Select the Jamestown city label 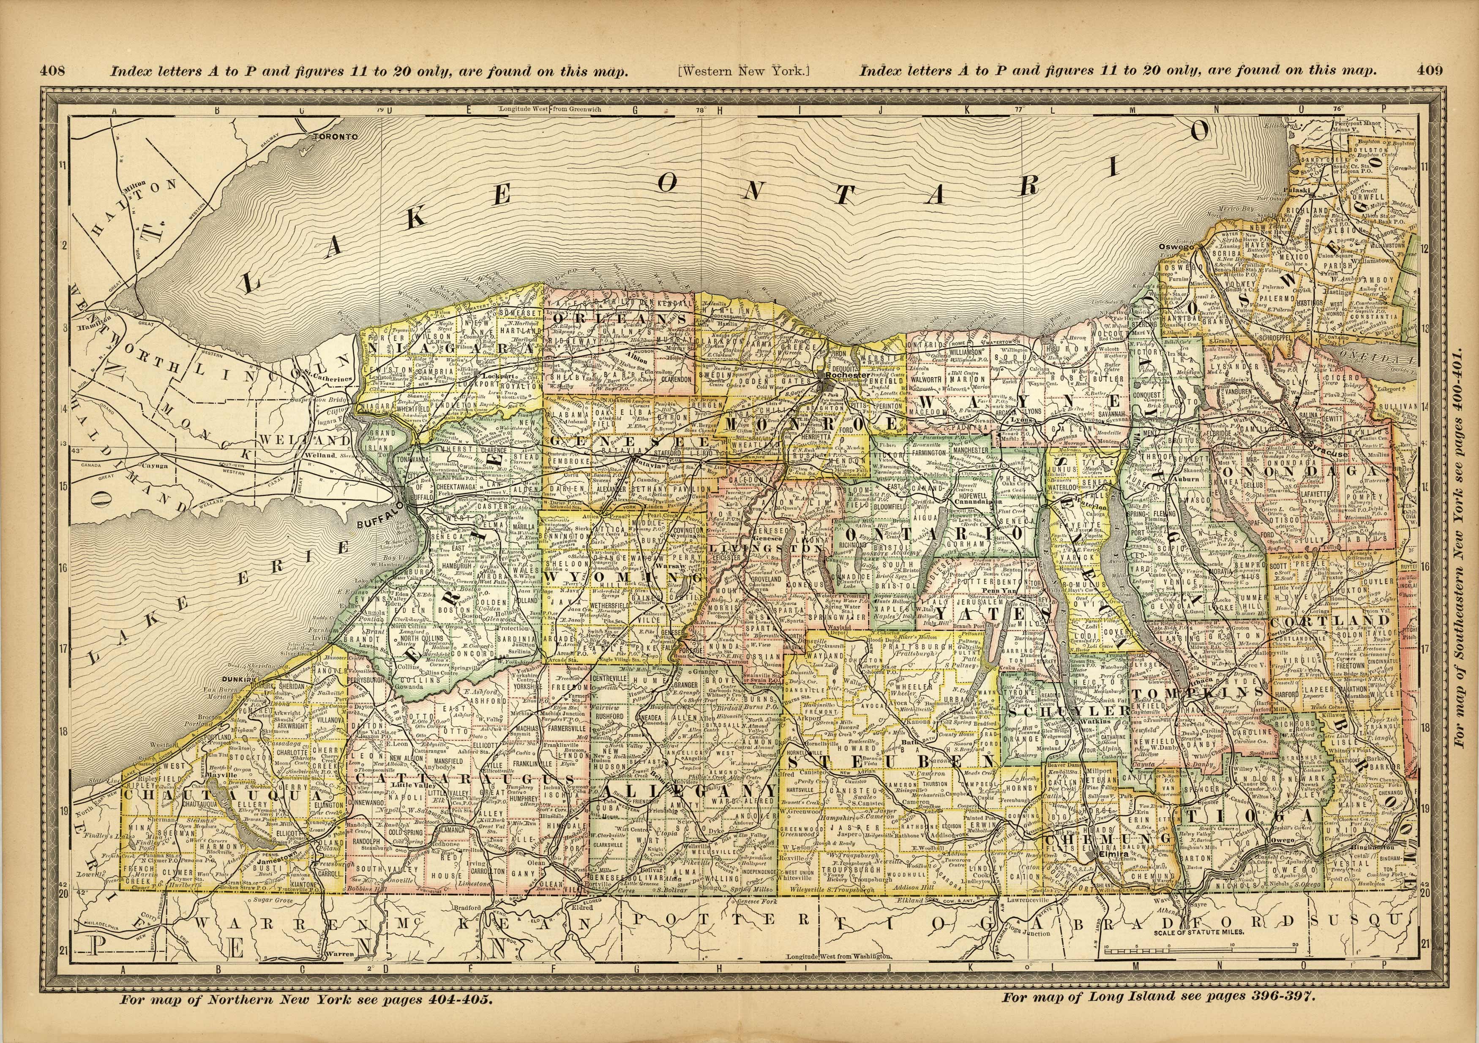276,859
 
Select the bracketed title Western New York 743,71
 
